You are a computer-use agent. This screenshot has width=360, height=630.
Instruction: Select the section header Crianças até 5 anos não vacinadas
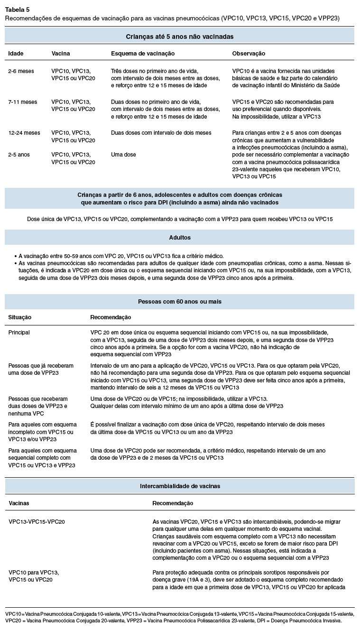pos(179,36)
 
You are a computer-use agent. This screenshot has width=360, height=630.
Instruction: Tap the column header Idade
pos(16,54)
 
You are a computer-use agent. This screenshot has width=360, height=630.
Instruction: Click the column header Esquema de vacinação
pos(143,54)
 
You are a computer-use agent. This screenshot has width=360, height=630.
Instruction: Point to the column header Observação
pos(249,54)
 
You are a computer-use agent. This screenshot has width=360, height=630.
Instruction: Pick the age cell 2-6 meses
pos(21,71)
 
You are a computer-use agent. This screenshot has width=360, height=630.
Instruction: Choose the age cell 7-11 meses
pos(23,102)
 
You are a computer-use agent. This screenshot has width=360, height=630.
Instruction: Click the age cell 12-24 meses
pos(24,133)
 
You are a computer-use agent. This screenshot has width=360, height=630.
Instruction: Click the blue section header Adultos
pos(179,237)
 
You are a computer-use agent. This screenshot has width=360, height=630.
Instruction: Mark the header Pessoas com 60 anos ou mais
pos(179,301)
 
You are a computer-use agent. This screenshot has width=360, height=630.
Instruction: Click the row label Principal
pos(19,333)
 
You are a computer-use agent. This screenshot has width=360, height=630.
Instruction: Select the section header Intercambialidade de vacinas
pos(179,486)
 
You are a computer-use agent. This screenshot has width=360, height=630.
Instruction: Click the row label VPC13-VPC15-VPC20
pos(37,521)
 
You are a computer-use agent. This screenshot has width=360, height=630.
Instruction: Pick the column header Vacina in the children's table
pos(60,54)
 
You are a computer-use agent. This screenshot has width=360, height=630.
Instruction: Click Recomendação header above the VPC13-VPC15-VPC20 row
pos(173,503)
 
